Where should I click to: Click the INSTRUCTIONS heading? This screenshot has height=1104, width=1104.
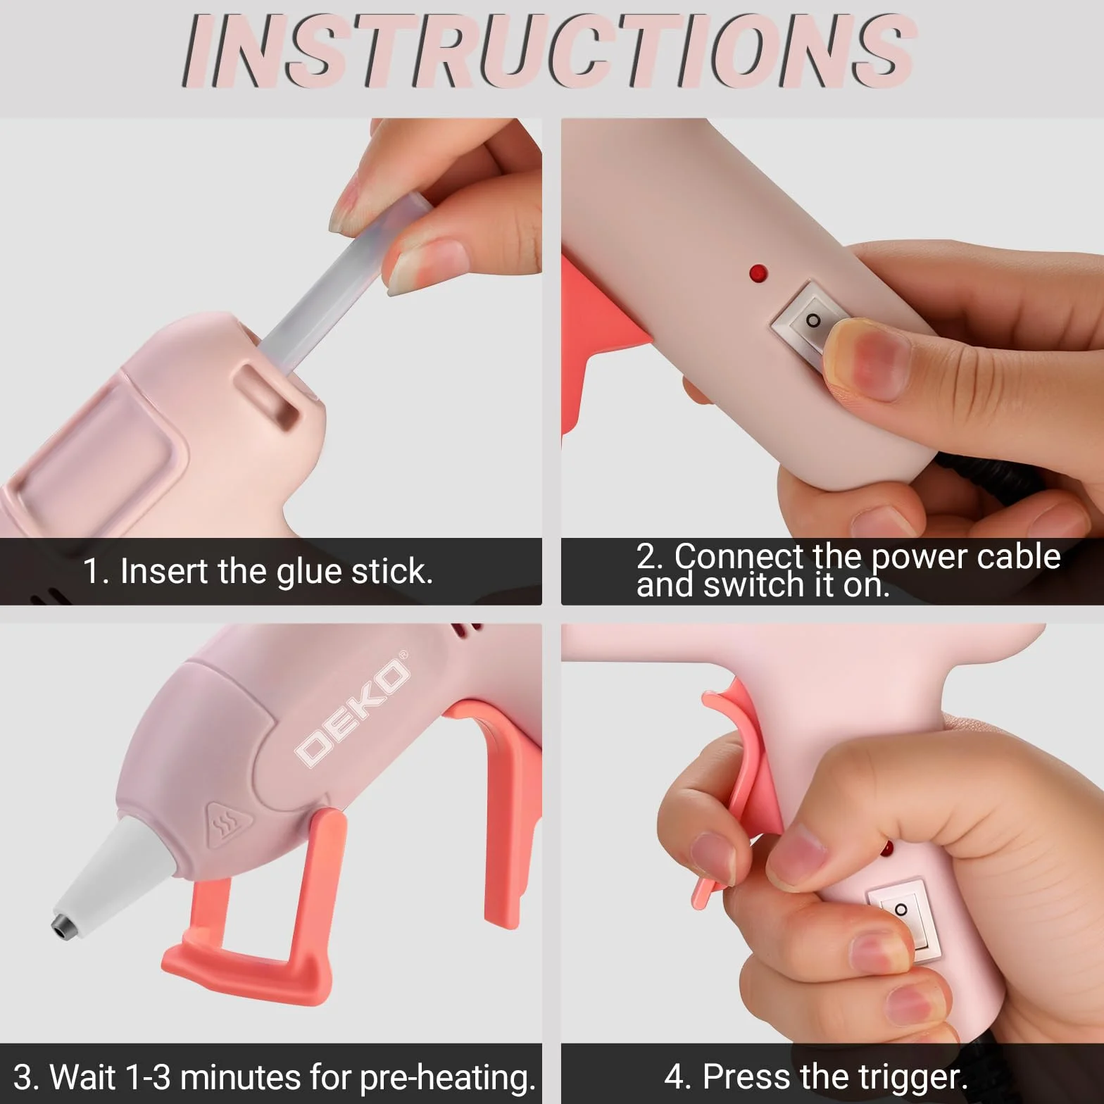pyautogui.click(x=548, y=51)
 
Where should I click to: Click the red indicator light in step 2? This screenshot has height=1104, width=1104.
pyautogui.click(x=758, y=272)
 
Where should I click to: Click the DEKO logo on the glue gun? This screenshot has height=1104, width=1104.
pyautogui.click(x=352, y=710)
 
